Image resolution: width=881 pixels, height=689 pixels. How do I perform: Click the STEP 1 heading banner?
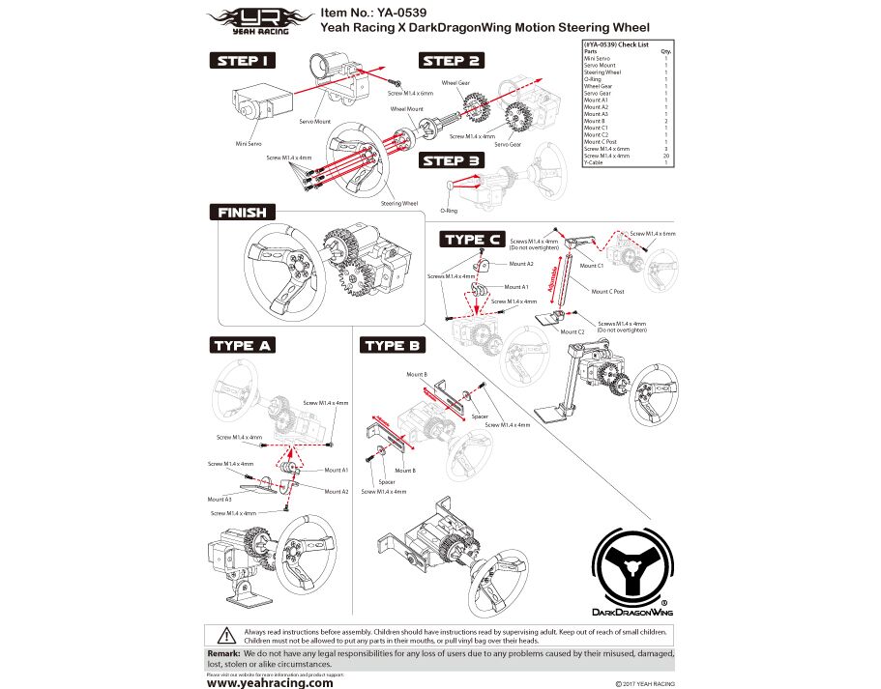243,61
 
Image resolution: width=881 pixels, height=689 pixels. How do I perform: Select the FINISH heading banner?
244,212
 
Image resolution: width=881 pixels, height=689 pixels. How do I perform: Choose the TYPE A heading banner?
244,345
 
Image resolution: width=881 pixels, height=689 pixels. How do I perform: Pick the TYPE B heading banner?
393,345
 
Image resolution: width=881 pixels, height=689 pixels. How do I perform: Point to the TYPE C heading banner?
472,239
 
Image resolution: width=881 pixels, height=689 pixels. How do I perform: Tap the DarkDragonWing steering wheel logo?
631,570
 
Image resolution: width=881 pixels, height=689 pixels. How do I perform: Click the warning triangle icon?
225,635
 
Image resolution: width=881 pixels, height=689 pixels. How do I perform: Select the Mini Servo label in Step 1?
249,143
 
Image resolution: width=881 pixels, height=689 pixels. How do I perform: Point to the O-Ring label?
449,210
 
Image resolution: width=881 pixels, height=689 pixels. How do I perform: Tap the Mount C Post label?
607,291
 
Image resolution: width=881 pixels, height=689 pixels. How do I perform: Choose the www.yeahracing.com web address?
270,681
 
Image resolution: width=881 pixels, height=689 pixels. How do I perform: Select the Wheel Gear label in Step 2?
455,84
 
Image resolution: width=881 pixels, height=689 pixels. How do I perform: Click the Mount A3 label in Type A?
220,499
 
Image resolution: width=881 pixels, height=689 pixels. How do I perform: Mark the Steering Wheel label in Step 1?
398,204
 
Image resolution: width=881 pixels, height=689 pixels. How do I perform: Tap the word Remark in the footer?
224,654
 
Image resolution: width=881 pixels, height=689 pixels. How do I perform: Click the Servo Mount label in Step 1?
314,121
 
